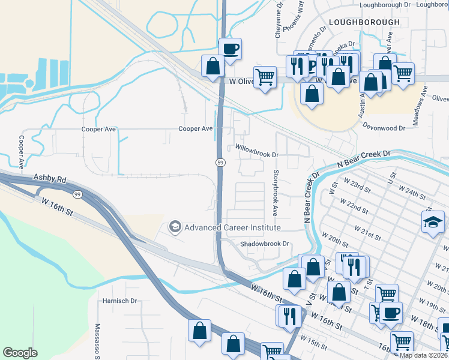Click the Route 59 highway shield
pyautogui.click(x=220, y=163)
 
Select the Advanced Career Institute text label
pyautogui.click(x=232, y=227)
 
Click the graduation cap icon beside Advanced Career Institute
pyautogui.click(x=175, y=227)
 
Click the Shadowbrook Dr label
pyautogui.click(x=265, y=244)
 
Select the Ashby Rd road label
pyautogui.click(x=50, y=179)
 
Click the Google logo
pyautogui.click(x=20, y=353)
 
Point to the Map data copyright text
pyautogui.click(x=424, y=355)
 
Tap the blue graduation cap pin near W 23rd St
pyautogui.click(x=433, y=223)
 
